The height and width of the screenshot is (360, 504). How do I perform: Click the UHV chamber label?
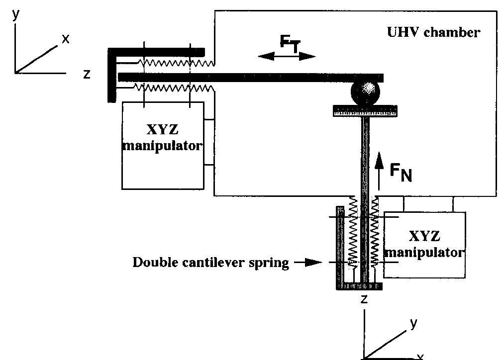[433, 33]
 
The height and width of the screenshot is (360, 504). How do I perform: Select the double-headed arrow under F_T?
[287, 56]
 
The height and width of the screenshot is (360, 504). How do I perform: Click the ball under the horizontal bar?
[365, 92]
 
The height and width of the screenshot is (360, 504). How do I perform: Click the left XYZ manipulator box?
[163, 145]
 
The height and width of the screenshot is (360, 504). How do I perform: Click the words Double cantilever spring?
[210, 263]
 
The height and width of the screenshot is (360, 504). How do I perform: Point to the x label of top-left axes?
[65, 39]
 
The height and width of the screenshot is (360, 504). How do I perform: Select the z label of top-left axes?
[87, 75]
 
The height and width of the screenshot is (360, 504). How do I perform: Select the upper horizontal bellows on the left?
[174, 63]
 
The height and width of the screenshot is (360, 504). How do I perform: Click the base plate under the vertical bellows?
[359, 287]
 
